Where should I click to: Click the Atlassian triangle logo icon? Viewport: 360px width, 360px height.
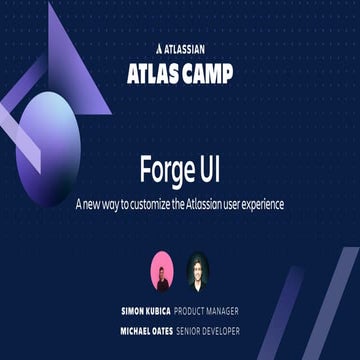coord(160,46)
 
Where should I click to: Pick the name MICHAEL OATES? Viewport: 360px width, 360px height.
coord(146,330)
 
